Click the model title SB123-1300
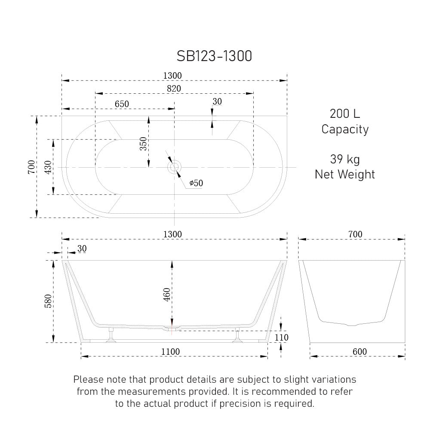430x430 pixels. coord(214,56)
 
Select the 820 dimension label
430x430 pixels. coord(174,88)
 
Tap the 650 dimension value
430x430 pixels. coord(122,104)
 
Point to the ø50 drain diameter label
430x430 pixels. coord(196,184)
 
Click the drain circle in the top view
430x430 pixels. coord(174,167)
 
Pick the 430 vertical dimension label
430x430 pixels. coord(47,167)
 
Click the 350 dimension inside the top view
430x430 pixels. coord(143,144)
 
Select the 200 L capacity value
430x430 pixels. coord(344,114)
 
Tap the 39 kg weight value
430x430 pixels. coord(344,160)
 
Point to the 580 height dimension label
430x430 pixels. coord(48,301)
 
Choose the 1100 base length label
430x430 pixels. coord(170,352)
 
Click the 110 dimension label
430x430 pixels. coord(281,338)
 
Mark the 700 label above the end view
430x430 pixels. coord(355,234)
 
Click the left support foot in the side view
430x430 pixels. coord(111,337)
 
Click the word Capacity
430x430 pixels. coord(344,129)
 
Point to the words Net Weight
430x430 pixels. coord(344,174)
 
